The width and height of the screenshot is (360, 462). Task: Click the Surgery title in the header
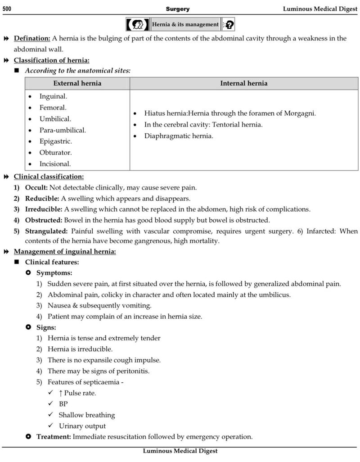tap(177, 9)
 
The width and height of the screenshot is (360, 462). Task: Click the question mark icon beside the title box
tap(229, 24)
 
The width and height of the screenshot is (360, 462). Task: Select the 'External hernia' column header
tap(77, 83)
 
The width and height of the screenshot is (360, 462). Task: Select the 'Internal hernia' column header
tap(243, 83)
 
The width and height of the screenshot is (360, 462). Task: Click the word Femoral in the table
tap(53, 108)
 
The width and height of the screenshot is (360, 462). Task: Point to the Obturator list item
tap(55, 153)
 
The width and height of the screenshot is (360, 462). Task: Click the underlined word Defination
tap(31, 38)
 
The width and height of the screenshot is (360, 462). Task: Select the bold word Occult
tap(36, 187)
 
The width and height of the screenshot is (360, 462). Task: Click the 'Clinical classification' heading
tap(49, 177)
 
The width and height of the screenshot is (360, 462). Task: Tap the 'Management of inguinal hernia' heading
tap(65, 251)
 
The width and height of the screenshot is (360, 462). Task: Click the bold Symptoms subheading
tap(54, 273)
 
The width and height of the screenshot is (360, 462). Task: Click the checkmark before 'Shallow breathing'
tap(51, 415)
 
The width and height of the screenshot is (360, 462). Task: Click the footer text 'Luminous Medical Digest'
tap(180, 451)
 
